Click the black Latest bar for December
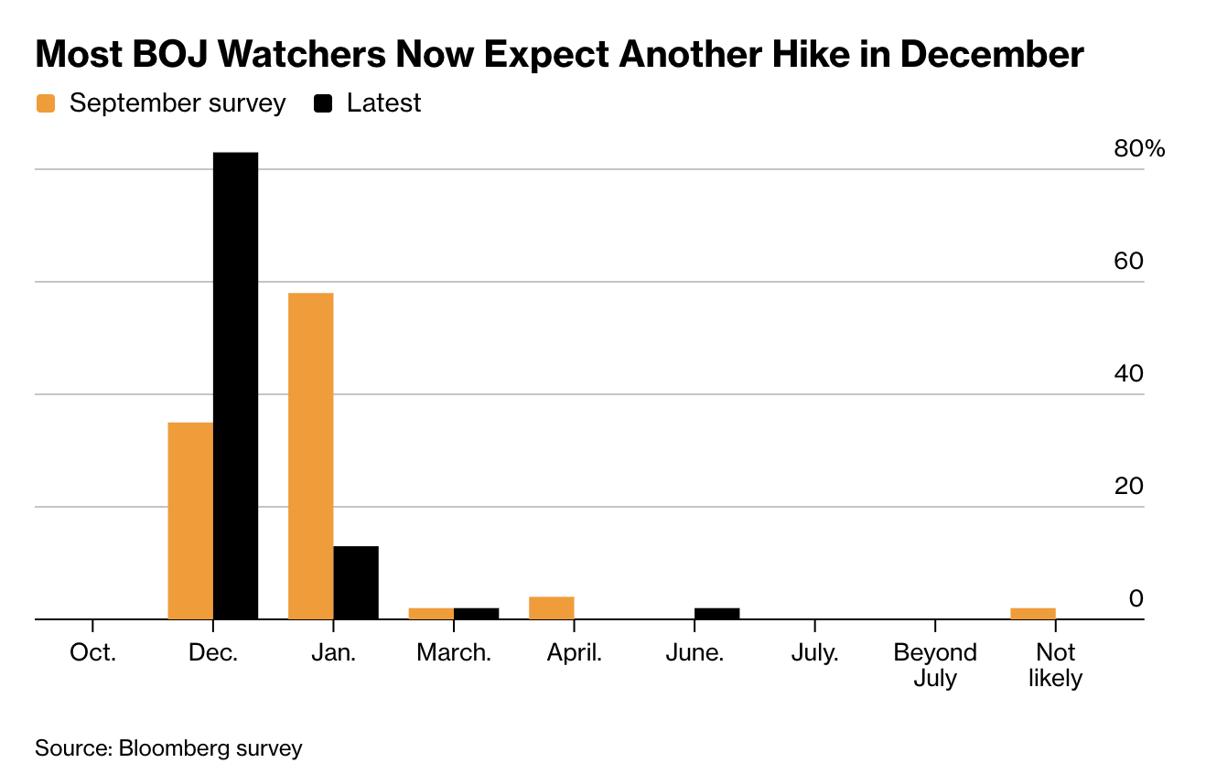pos(235,385)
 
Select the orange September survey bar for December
pos(190,521)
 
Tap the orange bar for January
pos(311,457)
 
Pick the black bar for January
pos(356,583)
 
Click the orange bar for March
pos(431,613)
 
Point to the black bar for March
pos(477,613)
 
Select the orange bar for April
pos(552,607)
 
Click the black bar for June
pos(717,613)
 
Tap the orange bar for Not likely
pos(1033,613)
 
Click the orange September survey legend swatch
pos(46,103)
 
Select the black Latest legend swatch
pos(323,103)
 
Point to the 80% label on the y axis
pos(1139,148)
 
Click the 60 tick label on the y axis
pos(1128,261)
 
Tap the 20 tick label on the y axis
pos(1128,486)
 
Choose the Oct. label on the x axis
pos(92,652)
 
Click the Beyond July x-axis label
pos(935,665)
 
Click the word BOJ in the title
pos(170,54)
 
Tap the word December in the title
pos(992,54)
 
